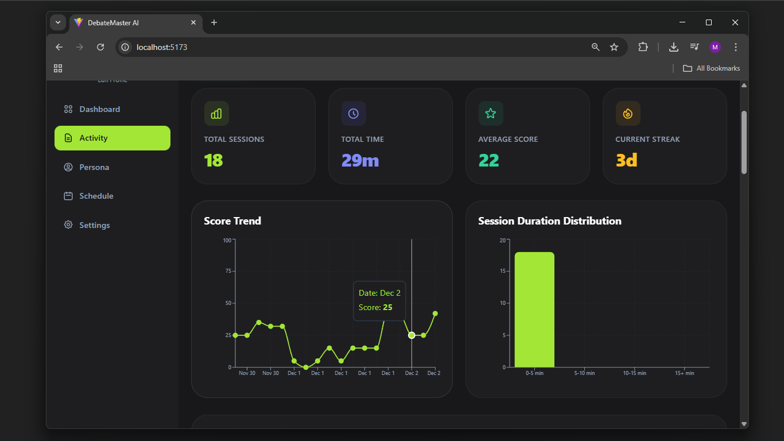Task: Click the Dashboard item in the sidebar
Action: pos(99,109)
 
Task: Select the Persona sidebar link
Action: pos(94,167)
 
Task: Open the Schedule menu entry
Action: pos(96,196)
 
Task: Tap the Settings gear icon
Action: pos(68,225)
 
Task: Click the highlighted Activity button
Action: pos(112,138)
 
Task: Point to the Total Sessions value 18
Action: pos(214,160)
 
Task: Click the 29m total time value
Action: pos(360,160)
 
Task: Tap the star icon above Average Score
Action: pos(491,114)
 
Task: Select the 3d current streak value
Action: pos(627,160)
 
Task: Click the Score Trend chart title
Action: pos(232,221)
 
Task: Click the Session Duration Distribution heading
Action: pos(549,221)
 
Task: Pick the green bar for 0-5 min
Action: pos(534,310)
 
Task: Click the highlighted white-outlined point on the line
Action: pos(412,335)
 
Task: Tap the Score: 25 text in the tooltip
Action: pos(376,307)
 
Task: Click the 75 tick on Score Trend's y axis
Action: pos(227,271)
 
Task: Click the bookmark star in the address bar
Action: pos(614,47)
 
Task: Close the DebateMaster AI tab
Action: pos(193,22)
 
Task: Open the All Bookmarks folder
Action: pos(711,68)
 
